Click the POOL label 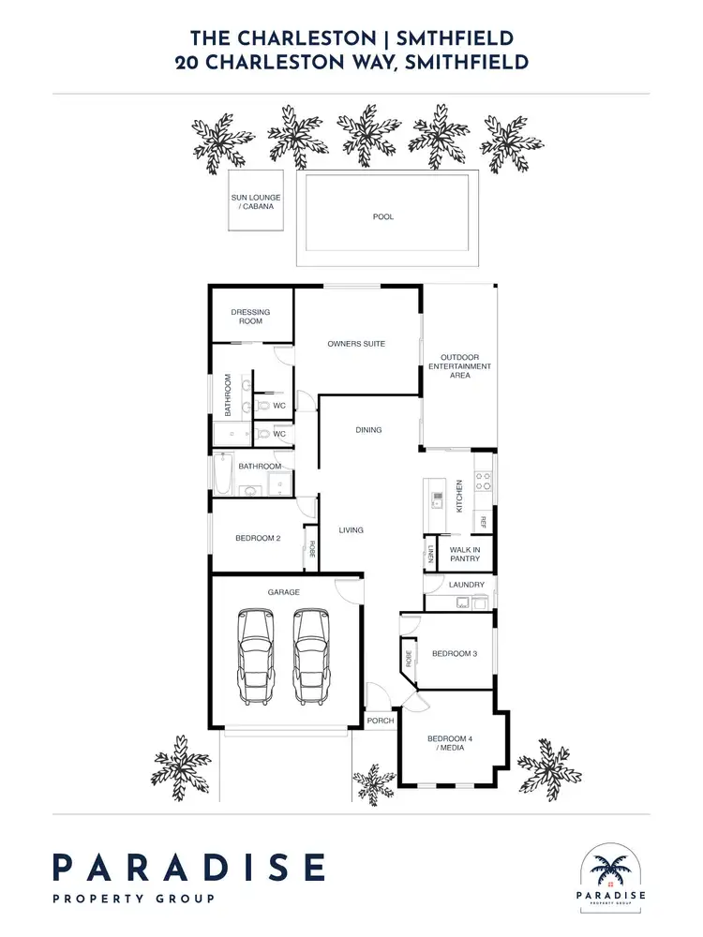pyautogui.click(x=383, y=216)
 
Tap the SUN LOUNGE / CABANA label pyautogui.click(x=257, y=201)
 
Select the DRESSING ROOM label pyautogui.click(x=250, y=317)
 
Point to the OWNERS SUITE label pyautogui.click(x=356, y=344)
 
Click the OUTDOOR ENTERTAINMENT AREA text pyautogui.click(x=460, y=365)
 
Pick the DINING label pyautogui.click(x=368, y=430)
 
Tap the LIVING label pyautogui.click(x=351, y=530)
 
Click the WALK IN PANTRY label pyautogui.click(x=465, y=553)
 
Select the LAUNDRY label pyautogui.click(x=467, y=585)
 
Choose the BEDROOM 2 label pyautogui.click(x=258, y=538)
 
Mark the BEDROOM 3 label pyautogui.click(x=455, y=653)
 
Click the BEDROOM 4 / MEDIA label pyautogui.click(x=450, y=744)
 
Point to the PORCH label pyautogui.click(x=380, y=721)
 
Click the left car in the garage pyautogui.click(x=256, y=655)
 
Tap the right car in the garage pyautogui.click(x=313, y=655)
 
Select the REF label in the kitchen pyautogui.click(x=484, y=522)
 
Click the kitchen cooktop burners pyautogui.click(x=484, y=481)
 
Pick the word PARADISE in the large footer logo pyautogui.click(x=188, y=868)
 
